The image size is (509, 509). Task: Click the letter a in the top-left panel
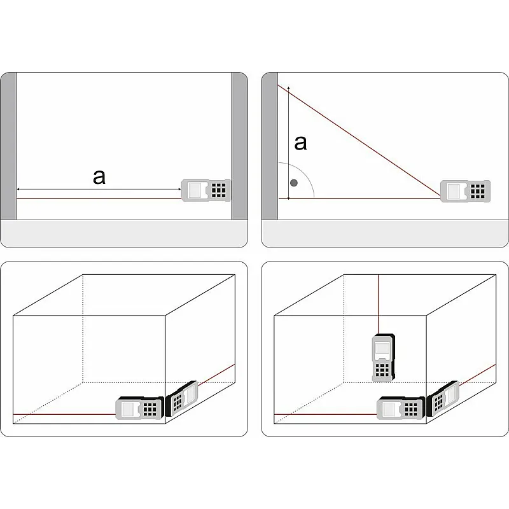pos(99,178)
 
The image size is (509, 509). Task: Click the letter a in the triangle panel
pos(300,143)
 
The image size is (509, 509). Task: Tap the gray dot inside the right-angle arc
pos(294,183)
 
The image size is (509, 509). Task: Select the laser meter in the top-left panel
pos(206,190)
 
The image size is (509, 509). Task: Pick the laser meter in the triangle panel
pos(465,192)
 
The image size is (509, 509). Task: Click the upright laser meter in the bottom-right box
pos(384,358)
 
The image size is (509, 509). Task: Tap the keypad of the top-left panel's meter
pos(218,190)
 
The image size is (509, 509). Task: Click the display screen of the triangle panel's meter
pos(453,192)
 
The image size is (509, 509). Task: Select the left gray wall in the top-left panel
pos(8,146)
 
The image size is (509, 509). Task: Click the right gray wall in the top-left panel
pos(240,146)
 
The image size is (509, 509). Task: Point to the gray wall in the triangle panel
pos(270,146)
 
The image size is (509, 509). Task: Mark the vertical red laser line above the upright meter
pos(379,305)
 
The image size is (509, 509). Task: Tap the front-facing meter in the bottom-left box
pos(139,408)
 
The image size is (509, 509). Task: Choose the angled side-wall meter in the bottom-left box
pos(181,399)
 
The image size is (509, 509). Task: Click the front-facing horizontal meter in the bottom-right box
pos(401,408)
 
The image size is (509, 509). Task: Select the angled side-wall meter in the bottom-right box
pos(442,399)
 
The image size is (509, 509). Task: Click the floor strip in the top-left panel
pos(124,234)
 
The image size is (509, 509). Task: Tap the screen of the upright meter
pos(382,349)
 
